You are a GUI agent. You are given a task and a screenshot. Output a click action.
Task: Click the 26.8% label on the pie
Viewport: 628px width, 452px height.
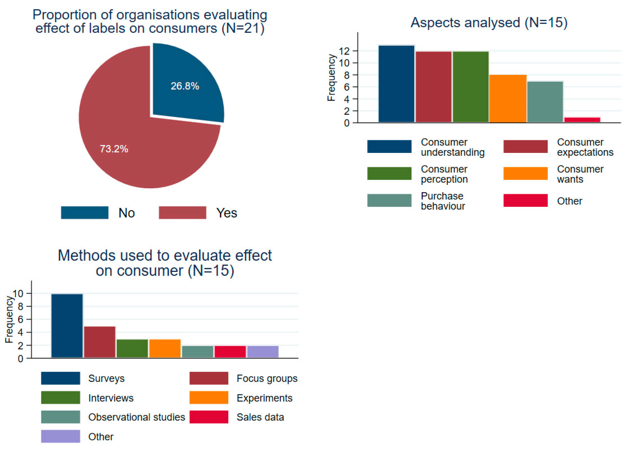coord(185,86)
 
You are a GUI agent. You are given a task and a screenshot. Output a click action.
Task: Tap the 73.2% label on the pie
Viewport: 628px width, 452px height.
coord(114,149)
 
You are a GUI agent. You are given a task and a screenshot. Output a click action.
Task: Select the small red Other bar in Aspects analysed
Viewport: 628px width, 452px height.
coord(582,120)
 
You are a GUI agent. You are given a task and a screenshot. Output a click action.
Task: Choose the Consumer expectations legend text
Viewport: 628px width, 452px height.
coord(585,147)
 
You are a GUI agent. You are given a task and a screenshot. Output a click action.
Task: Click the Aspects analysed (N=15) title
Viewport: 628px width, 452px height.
coord(489,22)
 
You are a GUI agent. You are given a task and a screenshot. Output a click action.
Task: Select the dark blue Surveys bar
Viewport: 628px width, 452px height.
coord(67,326)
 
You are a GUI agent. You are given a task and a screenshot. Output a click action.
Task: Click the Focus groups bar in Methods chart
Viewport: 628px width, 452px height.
coord(100,342)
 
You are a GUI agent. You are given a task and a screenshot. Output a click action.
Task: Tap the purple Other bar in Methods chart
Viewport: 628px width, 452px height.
coord(263,352)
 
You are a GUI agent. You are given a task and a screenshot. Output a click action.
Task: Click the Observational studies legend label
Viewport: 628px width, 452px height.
coord(136,417)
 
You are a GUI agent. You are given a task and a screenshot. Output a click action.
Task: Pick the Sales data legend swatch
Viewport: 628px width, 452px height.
coord(209,417)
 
